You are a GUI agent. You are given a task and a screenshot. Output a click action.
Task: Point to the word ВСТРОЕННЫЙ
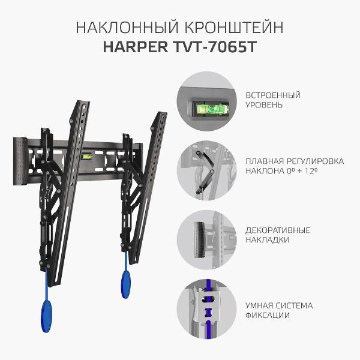(x=273, y=95)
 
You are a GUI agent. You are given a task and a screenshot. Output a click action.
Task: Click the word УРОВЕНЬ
(x=265, y=105)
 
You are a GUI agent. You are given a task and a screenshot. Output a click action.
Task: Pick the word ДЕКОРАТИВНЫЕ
(x=278, y=229)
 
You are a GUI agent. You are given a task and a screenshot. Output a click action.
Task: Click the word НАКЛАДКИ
(x=268, y=239)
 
